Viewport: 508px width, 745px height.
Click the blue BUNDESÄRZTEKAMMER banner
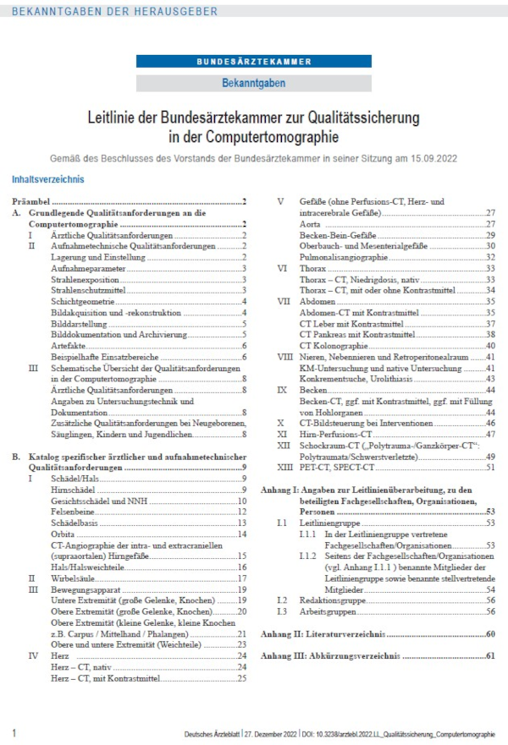point(253,62)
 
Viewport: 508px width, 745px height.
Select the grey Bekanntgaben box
point(253,83)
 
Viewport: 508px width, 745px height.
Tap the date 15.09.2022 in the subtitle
point(460,156)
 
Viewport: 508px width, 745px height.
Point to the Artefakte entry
point(67,345)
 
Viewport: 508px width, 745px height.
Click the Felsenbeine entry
point(73,512)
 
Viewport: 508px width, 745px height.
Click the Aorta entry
point(310,224)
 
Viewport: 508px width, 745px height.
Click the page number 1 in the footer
point(14,731)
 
